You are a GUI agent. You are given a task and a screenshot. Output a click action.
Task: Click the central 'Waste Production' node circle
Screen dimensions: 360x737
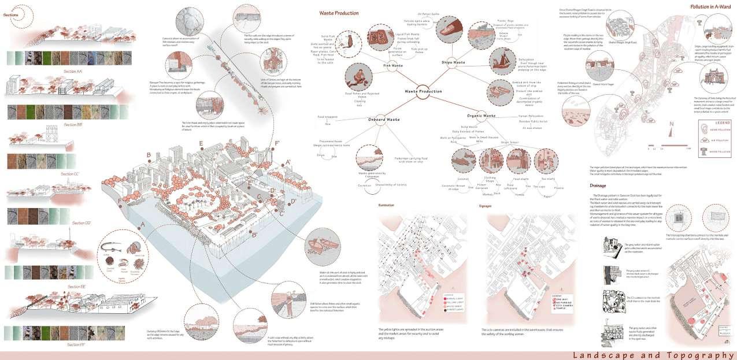425,92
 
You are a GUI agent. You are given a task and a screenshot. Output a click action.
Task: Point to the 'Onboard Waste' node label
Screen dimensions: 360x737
384,120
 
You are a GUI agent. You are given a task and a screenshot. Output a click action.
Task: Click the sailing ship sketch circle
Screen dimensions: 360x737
500,60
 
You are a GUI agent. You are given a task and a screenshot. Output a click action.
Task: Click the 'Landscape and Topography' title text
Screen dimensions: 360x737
653,355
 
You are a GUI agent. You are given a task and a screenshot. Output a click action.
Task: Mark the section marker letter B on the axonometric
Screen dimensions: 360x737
149,155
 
